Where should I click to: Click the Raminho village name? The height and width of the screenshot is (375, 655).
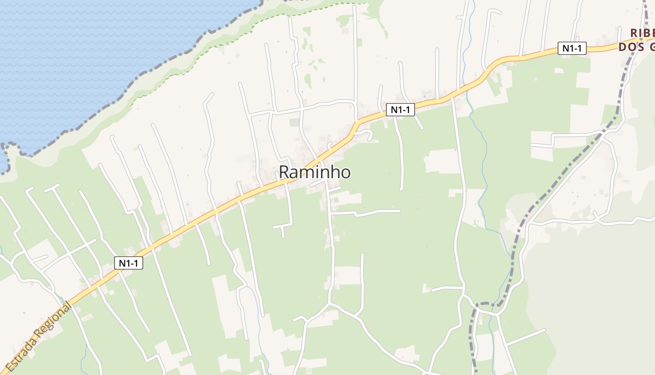[314, 172]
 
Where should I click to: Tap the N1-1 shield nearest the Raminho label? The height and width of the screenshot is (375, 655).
[400, 110]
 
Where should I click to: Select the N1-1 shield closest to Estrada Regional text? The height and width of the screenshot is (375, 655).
[129, 263]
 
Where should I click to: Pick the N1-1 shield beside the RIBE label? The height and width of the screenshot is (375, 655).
[572, 48]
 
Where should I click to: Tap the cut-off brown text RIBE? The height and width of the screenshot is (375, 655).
[642, 33]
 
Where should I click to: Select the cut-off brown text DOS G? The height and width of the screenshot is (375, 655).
[636, 46]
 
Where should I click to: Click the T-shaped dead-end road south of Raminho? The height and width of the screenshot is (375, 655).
[283, 227]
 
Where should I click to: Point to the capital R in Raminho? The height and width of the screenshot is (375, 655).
[285, 172]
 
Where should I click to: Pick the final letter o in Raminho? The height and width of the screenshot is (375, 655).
[345, 172]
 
